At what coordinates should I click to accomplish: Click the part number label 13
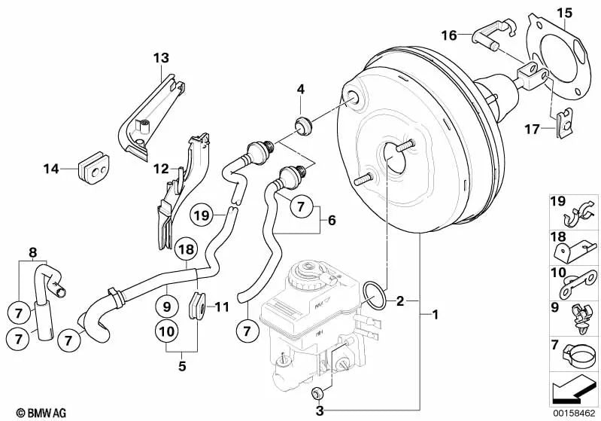[x=162, y=58]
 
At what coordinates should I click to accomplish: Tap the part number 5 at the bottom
[x=181, y=367]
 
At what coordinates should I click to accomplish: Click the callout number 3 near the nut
[x=319, y=410]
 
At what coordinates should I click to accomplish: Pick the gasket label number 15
[x=565, y=13]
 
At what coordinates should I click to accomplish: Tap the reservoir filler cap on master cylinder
[x=309, y=273]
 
